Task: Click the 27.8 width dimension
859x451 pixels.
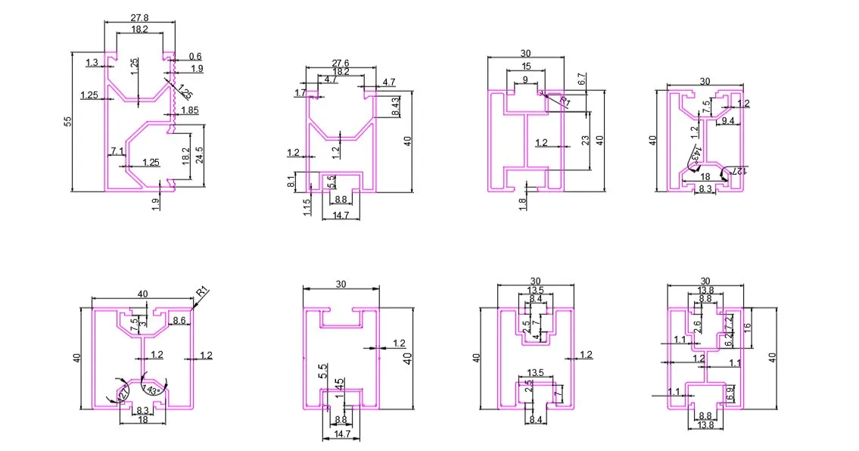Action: click(139, 17)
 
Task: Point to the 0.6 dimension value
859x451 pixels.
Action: click(195, 56)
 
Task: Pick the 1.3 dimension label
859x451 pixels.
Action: click(92, 63)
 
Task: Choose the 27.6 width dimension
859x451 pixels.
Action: click(341, 62)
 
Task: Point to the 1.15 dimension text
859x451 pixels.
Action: click(304, 207)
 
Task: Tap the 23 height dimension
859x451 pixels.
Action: click(585, 140)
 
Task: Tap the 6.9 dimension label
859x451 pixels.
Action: click(730, 393)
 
